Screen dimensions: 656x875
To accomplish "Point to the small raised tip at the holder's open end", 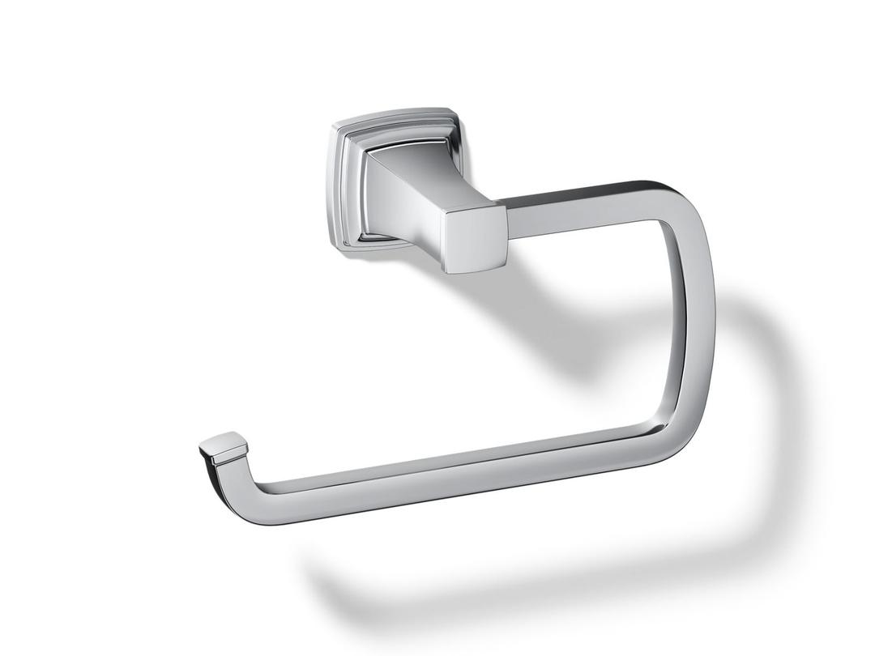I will point(222,447).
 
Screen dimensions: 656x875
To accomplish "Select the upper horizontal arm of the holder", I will point(583,209).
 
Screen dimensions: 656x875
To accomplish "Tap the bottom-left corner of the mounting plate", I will point(340,243).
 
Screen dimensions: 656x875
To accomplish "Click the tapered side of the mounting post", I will point(405,202).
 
